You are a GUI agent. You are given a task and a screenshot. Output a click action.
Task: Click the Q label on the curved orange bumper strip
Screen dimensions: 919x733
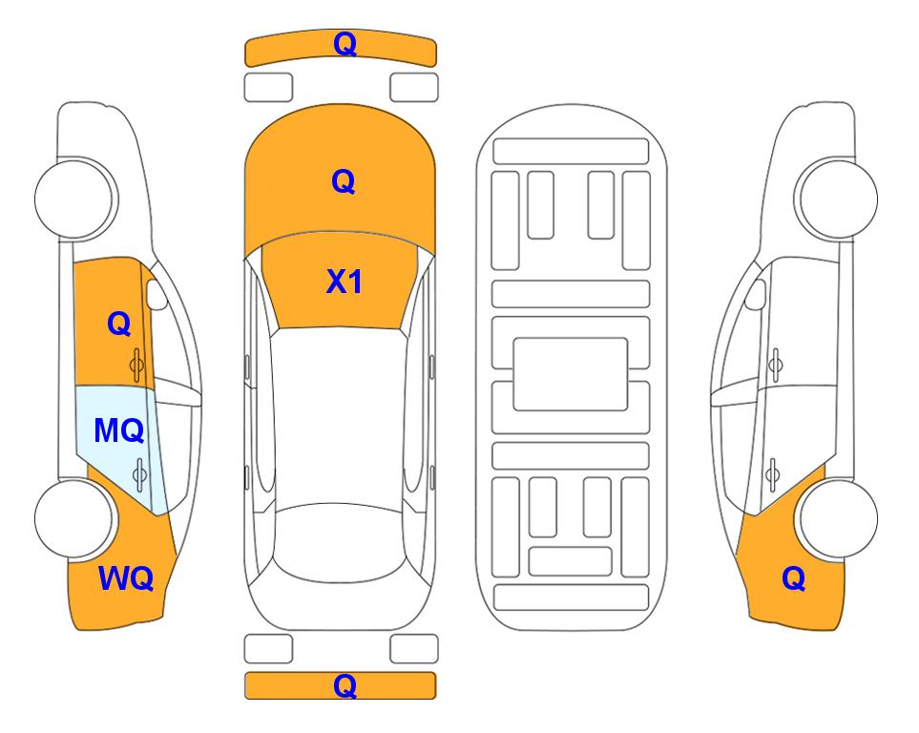click(345, 44)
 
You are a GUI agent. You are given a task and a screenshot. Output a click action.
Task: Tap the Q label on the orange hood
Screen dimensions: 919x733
click(344, 181)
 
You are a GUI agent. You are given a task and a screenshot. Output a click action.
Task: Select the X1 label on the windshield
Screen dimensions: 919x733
click(345, 282)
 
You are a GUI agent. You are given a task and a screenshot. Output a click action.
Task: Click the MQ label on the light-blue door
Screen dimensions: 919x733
click(119, 431)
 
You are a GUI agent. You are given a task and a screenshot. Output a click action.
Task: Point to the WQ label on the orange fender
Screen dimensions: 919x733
click(126, 578)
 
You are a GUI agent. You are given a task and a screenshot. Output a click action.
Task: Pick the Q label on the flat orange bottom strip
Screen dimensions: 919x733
click(345, 685)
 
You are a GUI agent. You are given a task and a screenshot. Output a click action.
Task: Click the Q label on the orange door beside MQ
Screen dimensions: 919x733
click(119, 324)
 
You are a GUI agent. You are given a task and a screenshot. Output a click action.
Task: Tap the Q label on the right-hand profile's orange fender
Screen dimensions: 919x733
click(794, 578)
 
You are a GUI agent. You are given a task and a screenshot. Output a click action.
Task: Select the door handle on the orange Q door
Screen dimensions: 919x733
click(137, 366)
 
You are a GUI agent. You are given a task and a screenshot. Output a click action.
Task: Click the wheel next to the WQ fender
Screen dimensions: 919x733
click(74, 518)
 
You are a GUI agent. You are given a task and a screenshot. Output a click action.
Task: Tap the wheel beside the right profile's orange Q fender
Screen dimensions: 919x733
click(838, 518)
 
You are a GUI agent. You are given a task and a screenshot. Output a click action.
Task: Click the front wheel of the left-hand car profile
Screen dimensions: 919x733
click(74, 199)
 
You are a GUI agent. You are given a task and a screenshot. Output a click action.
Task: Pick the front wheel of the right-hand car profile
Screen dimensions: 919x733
click(838, 199)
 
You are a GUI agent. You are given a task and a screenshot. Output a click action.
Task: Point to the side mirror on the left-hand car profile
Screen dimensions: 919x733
click(156, 294)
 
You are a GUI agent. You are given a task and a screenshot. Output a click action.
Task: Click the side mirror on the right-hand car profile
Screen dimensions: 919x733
click(755, 294)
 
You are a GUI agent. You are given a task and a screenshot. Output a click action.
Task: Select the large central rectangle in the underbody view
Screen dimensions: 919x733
click(571, 374)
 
